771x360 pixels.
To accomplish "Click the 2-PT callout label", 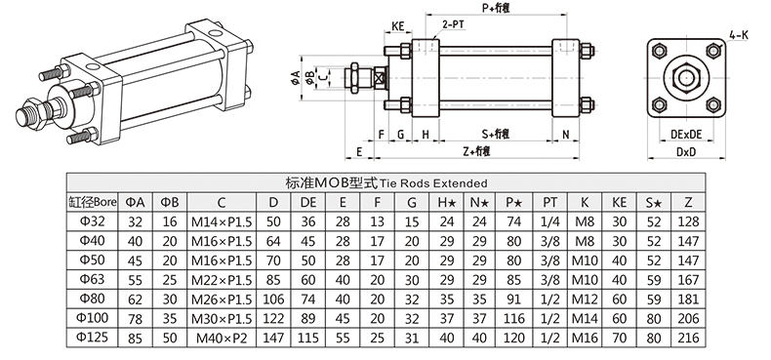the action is [x=454, y=22].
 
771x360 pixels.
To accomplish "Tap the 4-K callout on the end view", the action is [x=739, y=34].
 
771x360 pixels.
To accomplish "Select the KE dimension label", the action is [x=398, y=25].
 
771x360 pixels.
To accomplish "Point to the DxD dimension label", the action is [x=686, y=152].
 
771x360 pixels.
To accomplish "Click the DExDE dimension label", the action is [x=686, y=134].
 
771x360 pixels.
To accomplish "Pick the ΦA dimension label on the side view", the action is [x=295, y=77].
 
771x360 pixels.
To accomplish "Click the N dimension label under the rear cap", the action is [x=565, y=134].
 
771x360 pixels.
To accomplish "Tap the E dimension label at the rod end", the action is [x=359, y=152].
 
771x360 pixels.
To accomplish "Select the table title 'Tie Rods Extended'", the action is [x=432, y=183].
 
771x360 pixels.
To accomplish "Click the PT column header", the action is [x=549, y=202].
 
